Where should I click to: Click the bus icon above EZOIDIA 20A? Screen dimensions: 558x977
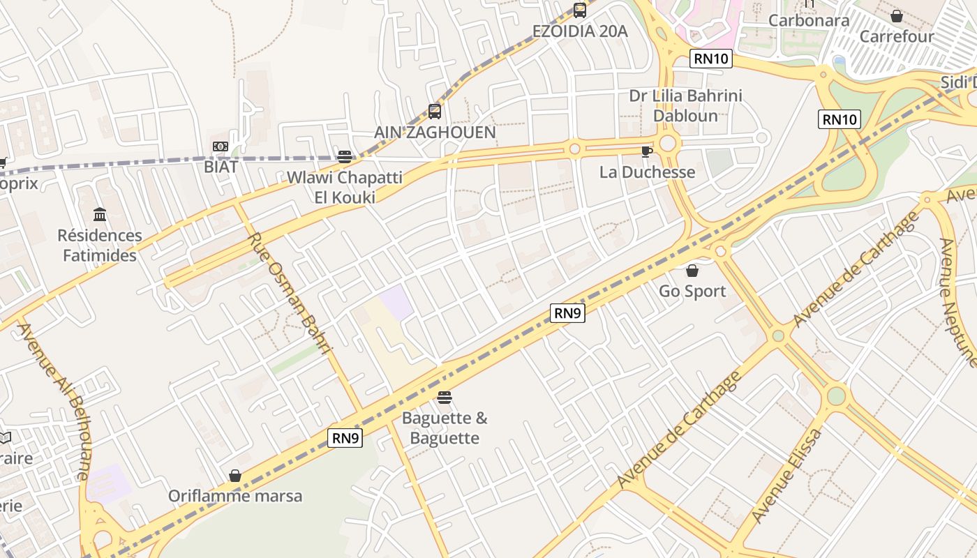pyautogui.click(x=580, y=10)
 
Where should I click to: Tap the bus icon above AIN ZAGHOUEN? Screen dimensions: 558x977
pyautogui.click(x=435, y=111)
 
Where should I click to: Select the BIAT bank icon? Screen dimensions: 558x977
pyautogui.click(x=221, y=146)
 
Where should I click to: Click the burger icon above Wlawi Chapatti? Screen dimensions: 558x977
pyautogui.click(x=344, y=156)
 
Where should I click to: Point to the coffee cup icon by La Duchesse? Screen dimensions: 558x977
pyautogui.click(x=646, y=151)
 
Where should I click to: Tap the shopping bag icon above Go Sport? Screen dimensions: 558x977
pyautogui.click(x=692, y=271)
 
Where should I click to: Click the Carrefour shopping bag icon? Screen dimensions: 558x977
pyautogui.click(x=897, y=15)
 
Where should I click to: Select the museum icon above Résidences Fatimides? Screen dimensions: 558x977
pyautogui.click(x=100, y=214)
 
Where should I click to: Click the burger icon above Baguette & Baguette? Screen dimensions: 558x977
pyautogui.click(x=445, y=398)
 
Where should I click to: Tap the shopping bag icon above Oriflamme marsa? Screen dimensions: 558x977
pyautogui.click(x=235, y=476)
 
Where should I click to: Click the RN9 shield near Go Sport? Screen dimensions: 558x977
pyautogui.click(x=567, y=313)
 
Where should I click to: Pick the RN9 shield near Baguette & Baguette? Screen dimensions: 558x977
pyautogui.click(x=345, y=438)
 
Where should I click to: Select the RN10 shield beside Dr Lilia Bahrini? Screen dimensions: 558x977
pyautogui.click(x=711, y=59)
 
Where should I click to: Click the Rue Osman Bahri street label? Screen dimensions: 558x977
pyautogui.click(x=288, y=293)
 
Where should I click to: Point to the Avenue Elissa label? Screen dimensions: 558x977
pyautogui.click(x=787, y=476)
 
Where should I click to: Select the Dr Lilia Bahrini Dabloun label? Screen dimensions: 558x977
pyautogui.click(x=685, y=105)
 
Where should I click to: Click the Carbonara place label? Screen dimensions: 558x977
pyautogui.click(x=809, y=20)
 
